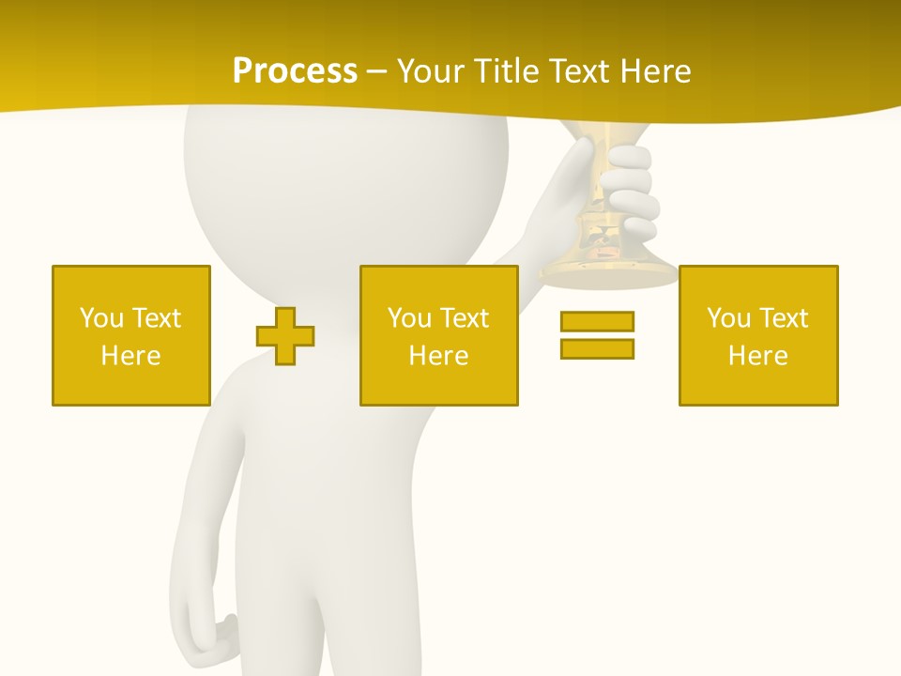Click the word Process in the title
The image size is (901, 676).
(x=295, y=70)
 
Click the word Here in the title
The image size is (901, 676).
(x=655, y=70)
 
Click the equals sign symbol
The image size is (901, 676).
(x=597, y=335)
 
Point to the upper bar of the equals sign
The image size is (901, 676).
(x=597, y=322)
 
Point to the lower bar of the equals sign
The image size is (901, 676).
(x=597, y=348)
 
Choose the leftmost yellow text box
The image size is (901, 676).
(x=131, y=335)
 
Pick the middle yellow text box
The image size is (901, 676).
(x=438, y=335)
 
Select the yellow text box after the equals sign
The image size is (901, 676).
(x=758, y=335)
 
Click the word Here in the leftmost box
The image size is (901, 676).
(x=131, y=356)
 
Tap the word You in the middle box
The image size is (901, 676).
(x=409, y=318)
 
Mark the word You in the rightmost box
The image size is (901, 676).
(x=728, y=318)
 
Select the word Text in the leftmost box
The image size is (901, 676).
(x=157, y=318)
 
